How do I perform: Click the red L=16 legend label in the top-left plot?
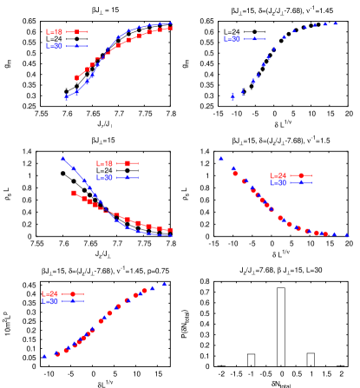pos(54,32)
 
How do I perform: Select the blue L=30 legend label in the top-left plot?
pos(54,46)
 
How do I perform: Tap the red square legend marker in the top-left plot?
pos(76,32)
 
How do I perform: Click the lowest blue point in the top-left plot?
pos(66,97)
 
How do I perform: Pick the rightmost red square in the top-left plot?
pos(170,28)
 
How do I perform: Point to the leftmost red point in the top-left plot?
pos(77,78)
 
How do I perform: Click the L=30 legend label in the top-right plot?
pos(232,39)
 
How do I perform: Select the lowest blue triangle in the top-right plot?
pos(232,96)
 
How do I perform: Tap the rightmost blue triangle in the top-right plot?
pos(337,23)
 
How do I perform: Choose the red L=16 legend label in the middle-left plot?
pos(104,163)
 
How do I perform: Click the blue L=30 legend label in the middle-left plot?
pos(104,177)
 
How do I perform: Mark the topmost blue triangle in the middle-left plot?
pos(62,159)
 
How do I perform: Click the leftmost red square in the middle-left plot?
pos(74,193)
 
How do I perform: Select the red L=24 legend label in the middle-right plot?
pos(278,175)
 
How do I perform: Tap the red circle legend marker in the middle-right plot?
pos(300,175)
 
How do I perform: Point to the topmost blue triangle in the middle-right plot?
pos(221,159)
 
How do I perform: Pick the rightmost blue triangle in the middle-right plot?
pos(346,234)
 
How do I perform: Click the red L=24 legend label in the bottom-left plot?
pos(49,294)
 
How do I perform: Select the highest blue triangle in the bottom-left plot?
pos(164,283)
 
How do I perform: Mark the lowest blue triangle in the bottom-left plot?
pos(44,356)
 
